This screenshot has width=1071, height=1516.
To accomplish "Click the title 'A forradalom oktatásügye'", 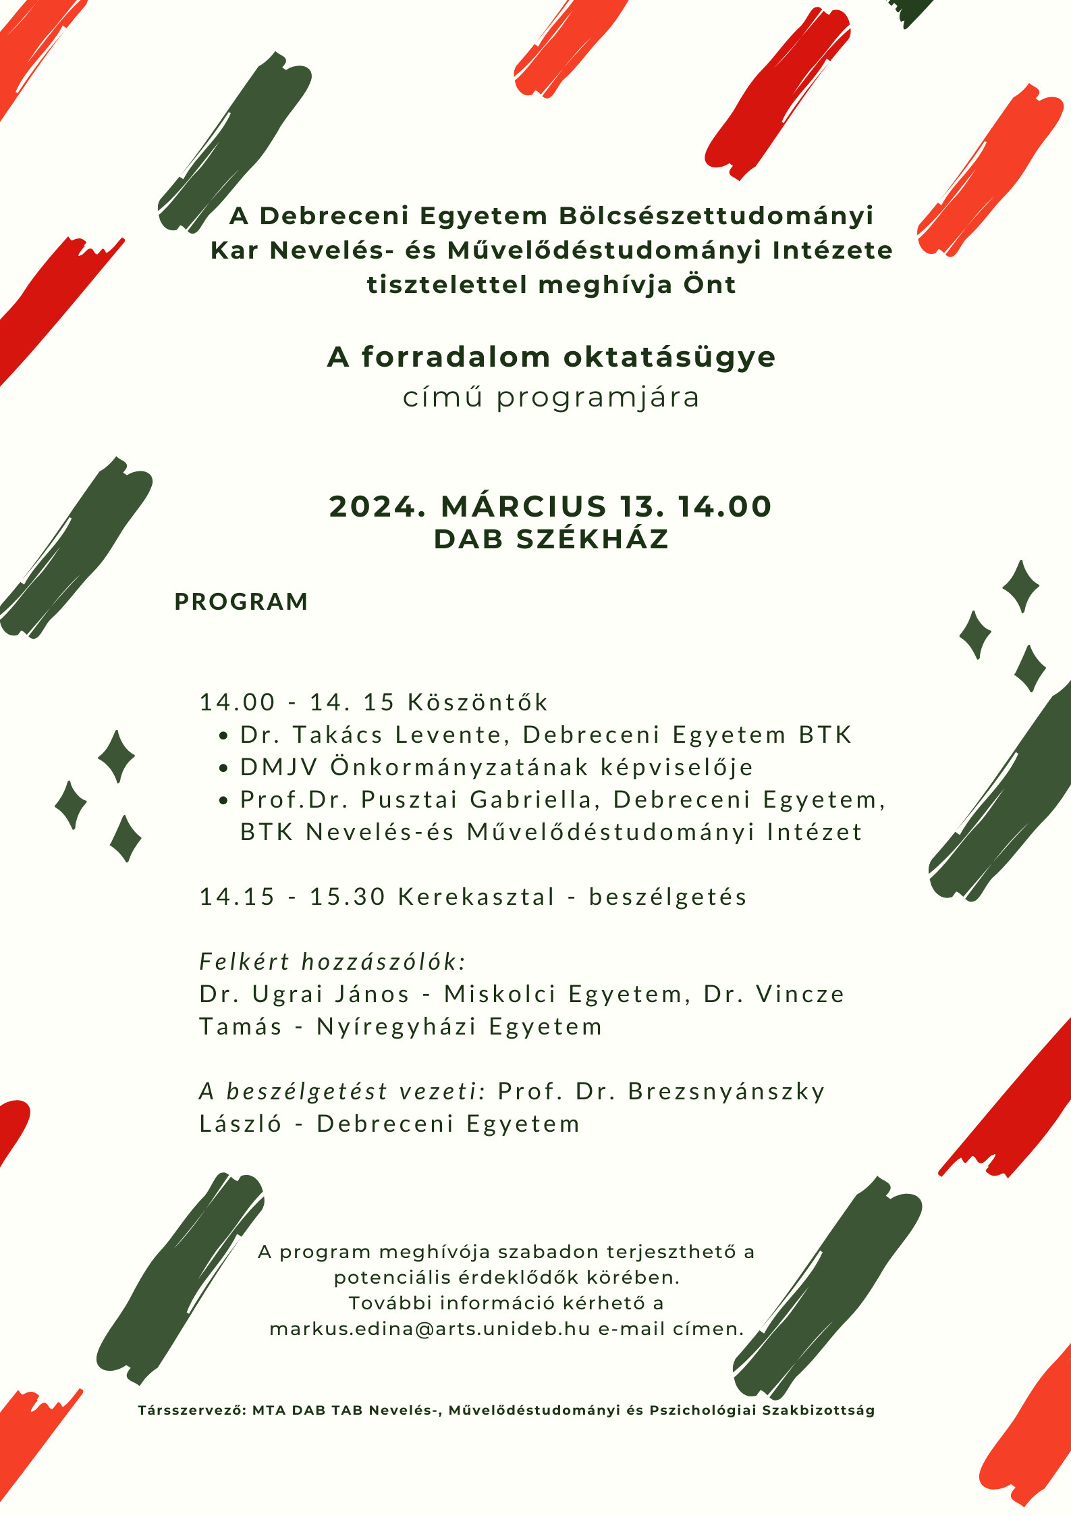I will (551, 357).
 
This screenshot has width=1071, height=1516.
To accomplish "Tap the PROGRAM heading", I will (241, 602).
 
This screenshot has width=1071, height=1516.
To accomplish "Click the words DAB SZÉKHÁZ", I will (551, 540).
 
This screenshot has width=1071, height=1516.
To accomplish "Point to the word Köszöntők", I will (478, 702).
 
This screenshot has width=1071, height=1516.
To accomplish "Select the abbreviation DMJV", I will (278, 767).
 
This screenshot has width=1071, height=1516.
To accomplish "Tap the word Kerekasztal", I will (476, 897).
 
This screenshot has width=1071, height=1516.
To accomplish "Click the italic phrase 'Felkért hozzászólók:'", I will (333, 962).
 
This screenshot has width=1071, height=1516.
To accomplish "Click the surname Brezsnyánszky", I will (726, 1092).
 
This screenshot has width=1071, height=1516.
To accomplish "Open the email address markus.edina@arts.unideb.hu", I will (429, 1328).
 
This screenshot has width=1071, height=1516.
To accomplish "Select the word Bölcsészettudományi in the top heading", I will (716, 216).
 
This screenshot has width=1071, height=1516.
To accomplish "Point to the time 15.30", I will (347, 897).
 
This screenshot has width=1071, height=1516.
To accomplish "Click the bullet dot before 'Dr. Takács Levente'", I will (224, 735).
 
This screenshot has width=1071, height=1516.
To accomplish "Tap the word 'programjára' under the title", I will (598, 397).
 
